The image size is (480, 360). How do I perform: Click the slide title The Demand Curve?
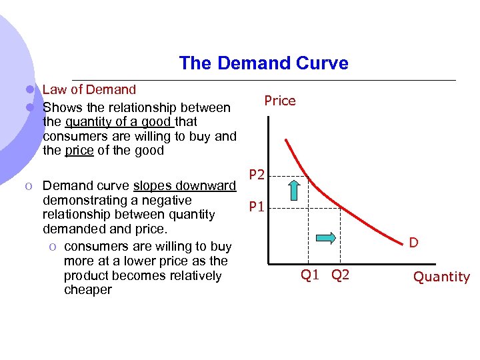pyautogui.click(x=263, y=63)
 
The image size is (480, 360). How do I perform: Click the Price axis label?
pyautogui.click(x=279, y=101)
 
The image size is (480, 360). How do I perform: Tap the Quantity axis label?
pyautogui.click(x=441, y=277)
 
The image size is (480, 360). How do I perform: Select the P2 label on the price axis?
pyautogui.click(x=257, y=175)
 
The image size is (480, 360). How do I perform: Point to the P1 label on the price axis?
pyautogui.click(x=257, y=207)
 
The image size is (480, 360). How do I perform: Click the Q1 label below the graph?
pyautogui.click(x=310, y=275)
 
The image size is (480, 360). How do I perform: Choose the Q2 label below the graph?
pyautogui.click(x=340, y=275)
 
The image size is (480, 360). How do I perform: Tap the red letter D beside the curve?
pyautogui.click(x=413, y=243)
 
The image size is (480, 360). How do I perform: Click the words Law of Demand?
pyautogui.click(x=89, y=89)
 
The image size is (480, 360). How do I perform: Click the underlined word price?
pyautogui.click(x=79, y=151)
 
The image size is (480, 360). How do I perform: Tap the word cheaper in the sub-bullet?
pyautogui.click(x=88, y=290)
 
